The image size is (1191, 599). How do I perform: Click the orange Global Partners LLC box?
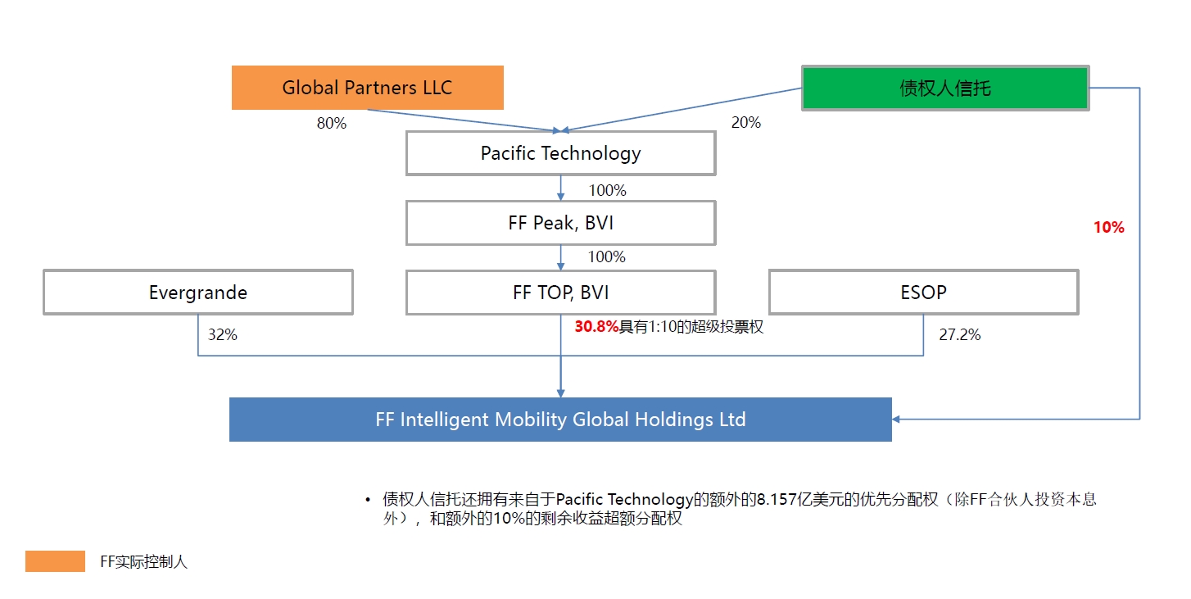pos(368,88)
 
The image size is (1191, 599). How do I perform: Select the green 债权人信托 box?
pos(945,88)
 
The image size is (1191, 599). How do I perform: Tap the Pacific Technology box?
pos(561,153)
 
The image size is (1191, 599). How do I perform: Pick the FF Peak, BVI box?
pos(561,223)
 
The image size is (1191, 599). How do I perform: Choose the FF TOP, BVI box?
pos(561,293)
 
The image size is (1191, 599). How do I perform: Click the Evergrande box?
pos(198,293)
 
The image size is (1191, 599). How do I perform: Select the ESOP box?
pos(923,293)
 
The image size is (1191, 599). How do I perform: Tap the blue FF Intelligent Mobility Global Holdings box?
pos(560,420)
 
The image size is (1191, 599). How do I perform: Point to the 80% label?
pos(331,124)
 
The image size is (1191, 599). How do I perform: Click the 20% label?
pos(746,123)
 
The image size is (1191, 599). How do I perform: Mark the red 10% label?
pos(1108,228)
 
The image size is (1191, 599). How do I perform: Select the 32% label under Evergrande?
pos(222,334)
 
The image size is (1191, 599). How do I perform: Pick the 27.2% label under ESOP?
pos(960,334)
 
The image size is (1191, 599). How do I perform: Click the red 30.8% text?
pos(596,327)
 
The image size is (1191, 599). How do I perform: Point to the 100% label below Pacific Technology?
pos(607,190)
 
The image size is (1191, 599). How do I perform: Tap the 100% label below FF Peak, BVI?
pos(607,257)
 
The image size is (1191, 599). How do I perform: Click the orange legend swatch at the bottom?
pos(56,561)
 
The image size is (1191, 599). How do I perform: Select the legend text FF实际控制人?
pos(143,562)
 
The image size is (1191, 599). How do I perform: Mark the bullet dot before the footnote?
pos(368,500)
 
